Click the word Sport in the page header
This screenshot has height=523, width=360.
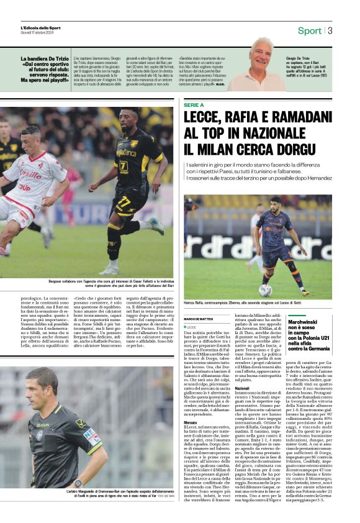tap(310, 30)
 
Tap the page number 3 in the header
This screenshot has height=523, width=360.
tap(330, 30)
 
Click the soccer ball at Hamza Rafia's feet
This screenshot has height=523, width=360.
tap(265, 289)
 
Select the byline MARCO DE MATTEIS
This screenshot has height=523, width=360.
tap(199, 319)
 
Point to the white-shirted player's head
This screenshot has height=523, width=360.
tap(30, 139)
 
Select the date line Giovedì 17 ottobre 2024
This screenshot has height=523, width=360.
tap(38, 33)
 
